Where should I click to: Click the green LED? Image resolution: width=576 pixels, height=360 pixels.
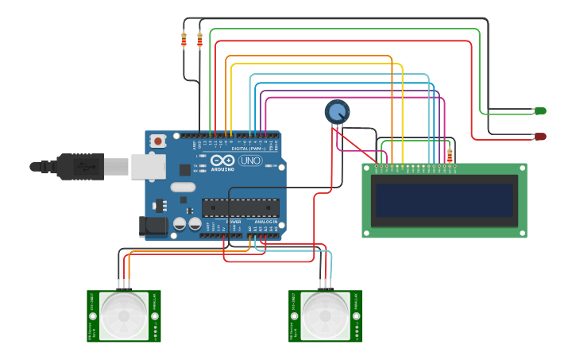click(540, 110)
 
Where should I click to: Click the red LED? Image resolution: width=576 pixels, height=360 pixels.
click(540, 137)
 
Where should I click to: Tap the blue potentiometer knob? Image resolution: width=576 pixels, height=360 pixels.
click(337, 112)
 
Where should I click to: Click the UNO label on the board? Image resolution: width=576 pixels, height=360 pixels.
click(251, 161)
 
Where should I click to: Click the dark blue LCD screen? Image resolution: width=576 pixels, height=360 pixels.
click(444, 200)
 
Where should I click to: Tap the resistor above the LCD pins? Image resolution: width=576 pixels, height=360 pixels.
click(450, 156)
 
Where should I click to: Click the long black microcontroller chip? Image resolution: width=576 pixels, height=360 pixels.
click(240, 208)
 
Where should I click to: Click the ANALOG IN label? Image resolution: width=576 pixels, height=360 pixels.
click(265, 222)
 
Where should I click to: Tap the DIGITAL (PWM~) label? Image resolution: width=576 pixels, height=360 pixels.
click(249, 149)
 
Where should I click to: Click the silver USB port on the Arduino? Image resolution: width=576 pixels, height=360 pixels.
click(148, 165)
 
